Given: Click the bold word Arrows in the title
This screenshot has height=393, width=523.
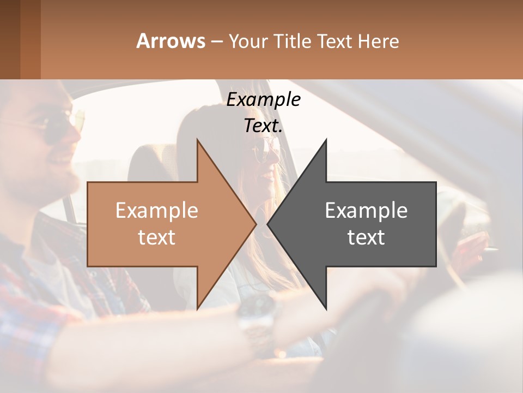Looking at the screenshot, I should click(171, 41).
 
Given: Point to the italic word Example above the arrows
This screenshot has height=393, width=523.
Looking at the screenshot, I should click(263, 99).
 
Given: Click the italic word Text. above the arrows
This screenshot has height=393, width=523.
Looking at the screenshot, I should click(263, 126).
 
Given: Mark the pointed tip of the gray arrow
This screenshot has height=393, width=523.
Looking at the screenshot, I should click(269, 224).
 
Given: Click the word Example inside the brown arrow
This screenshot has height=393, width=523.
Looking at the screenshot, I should click(157, 211).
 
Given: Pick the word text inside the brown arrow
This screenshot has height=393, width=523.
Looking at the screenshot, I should click(157, 237).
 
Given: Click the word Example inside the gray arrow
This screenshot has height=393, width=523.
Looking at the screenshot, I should click(366, 211).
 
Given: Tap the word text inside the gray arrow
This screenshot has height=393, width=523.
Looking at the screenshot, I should click(366, 237).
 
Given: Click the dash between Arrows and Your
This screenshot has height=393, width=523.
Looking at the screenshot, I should click(216, 41).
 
